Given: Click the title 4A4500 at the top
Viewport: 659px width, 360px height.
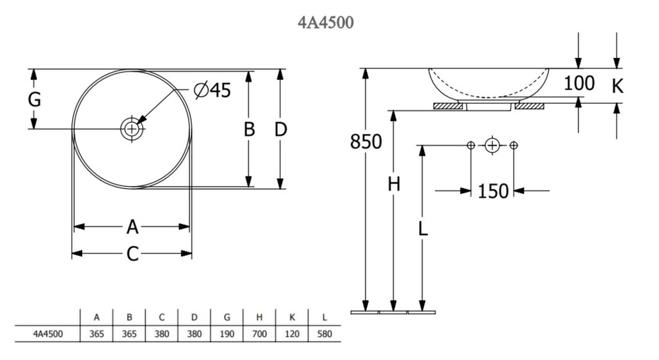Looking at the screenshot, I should click(326, 23).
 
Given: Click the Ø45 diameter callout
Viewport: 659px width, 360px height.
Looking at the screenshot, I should click(212, 91).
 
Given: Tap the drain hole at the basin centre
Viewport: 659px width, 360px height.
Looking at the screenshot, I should click(132, 128).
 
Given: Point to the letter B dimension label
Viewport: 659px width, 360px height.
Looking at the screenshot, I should click(249, 129).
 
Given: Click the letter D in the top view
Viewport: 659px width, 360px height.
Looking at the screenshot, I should click(280, 129).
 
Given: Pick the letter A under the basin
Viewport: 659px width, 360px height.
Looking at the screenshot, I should click(132, 227).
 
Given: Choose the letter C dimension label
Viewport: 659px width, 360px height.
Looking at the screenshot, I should click(132, 254).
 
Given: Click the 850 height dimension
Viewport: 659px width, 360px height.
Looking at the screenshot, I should click(366, 142).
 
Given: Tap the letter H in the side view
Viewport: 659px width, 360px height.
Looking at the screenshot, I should click(394, 185).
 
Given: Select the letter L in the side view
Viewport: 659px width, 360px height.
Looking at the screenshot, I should click(423, 228).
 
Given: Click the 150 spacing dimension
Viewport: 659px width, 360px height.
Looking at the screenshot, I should click(493, 191).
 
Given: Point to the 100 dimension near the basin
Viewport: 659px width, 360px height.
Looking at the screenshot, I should click(579, 83).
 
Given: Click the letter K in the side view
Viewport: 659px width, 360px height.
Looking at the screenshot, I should click(617, 86).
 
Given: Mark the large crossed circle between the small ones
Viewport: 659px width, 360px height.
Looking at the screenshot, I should click(492, 145).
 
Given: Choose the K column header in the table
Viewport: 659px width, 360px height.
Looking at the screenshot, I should click(292, 317).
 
